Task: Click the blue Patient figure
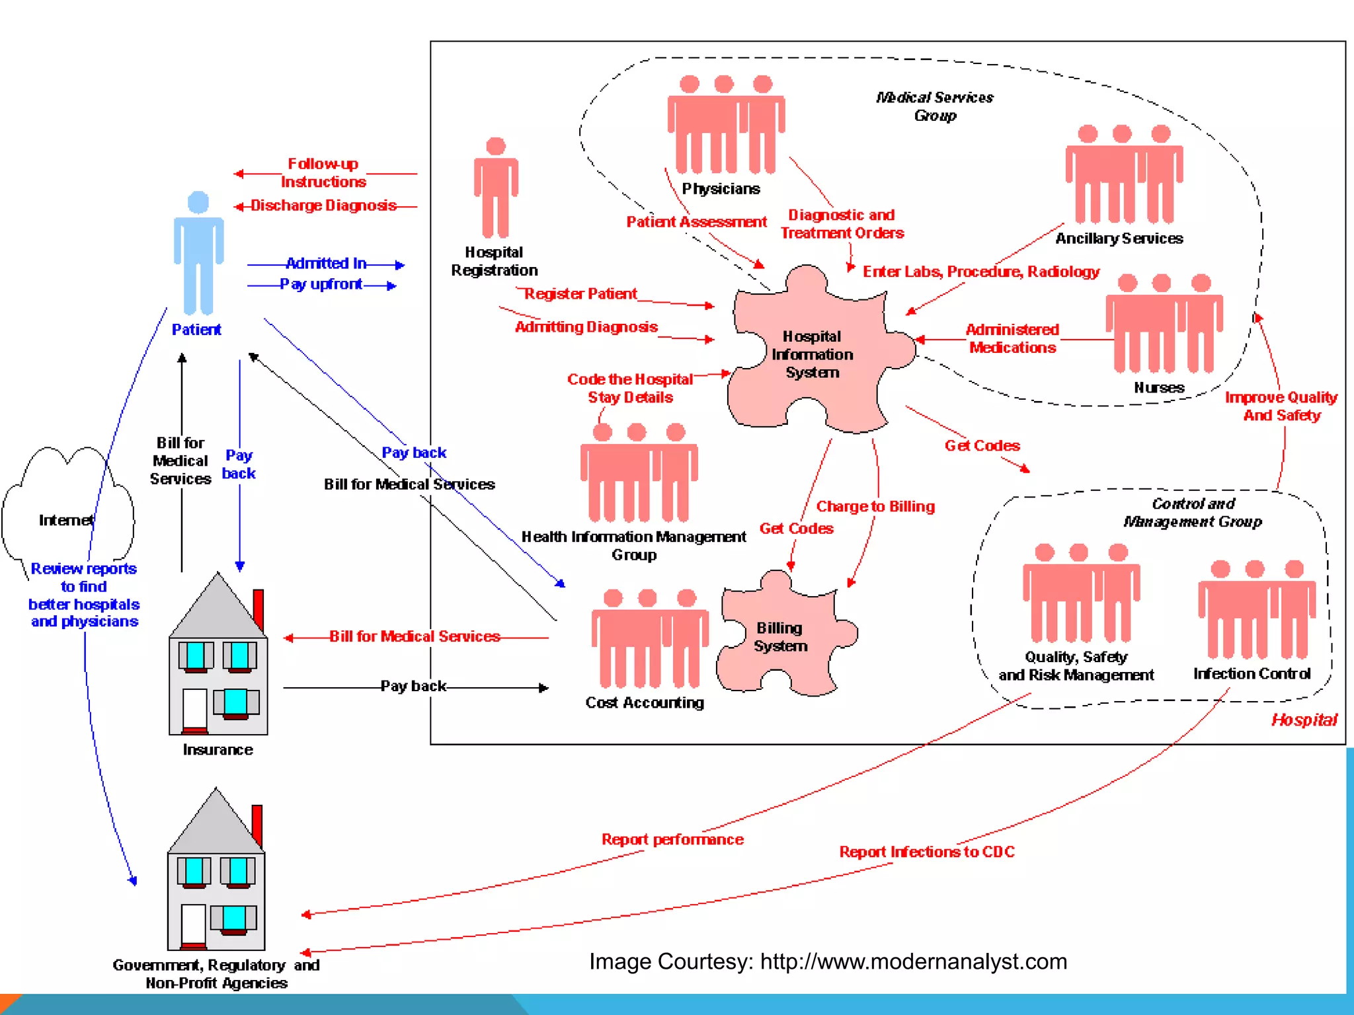tap(198, 254)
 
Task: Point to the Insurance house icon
tap(218, 661)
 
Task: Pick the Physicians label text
tap(721, 189)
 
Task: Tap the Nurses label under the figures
tap(1159, 388)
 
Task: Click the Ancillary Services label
tap(1119, 239)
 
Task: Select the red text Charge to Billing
tap(875, 507)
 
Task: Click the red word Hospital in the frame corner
tap(1304, 720)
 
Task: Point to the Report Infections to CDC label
tap(927, 852)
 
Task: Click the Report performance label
tap(672, 839)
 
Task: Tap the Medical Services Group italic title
tap(935, 106)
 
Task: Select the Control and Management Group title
tap(1193, 513)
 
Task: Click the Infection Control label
tap(1252, 674)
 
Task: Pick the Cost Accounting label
tap(645, 703)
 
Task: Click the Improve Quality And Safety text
tap(1281, 406)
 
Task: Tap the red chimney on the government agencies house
tap(257, 826)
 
